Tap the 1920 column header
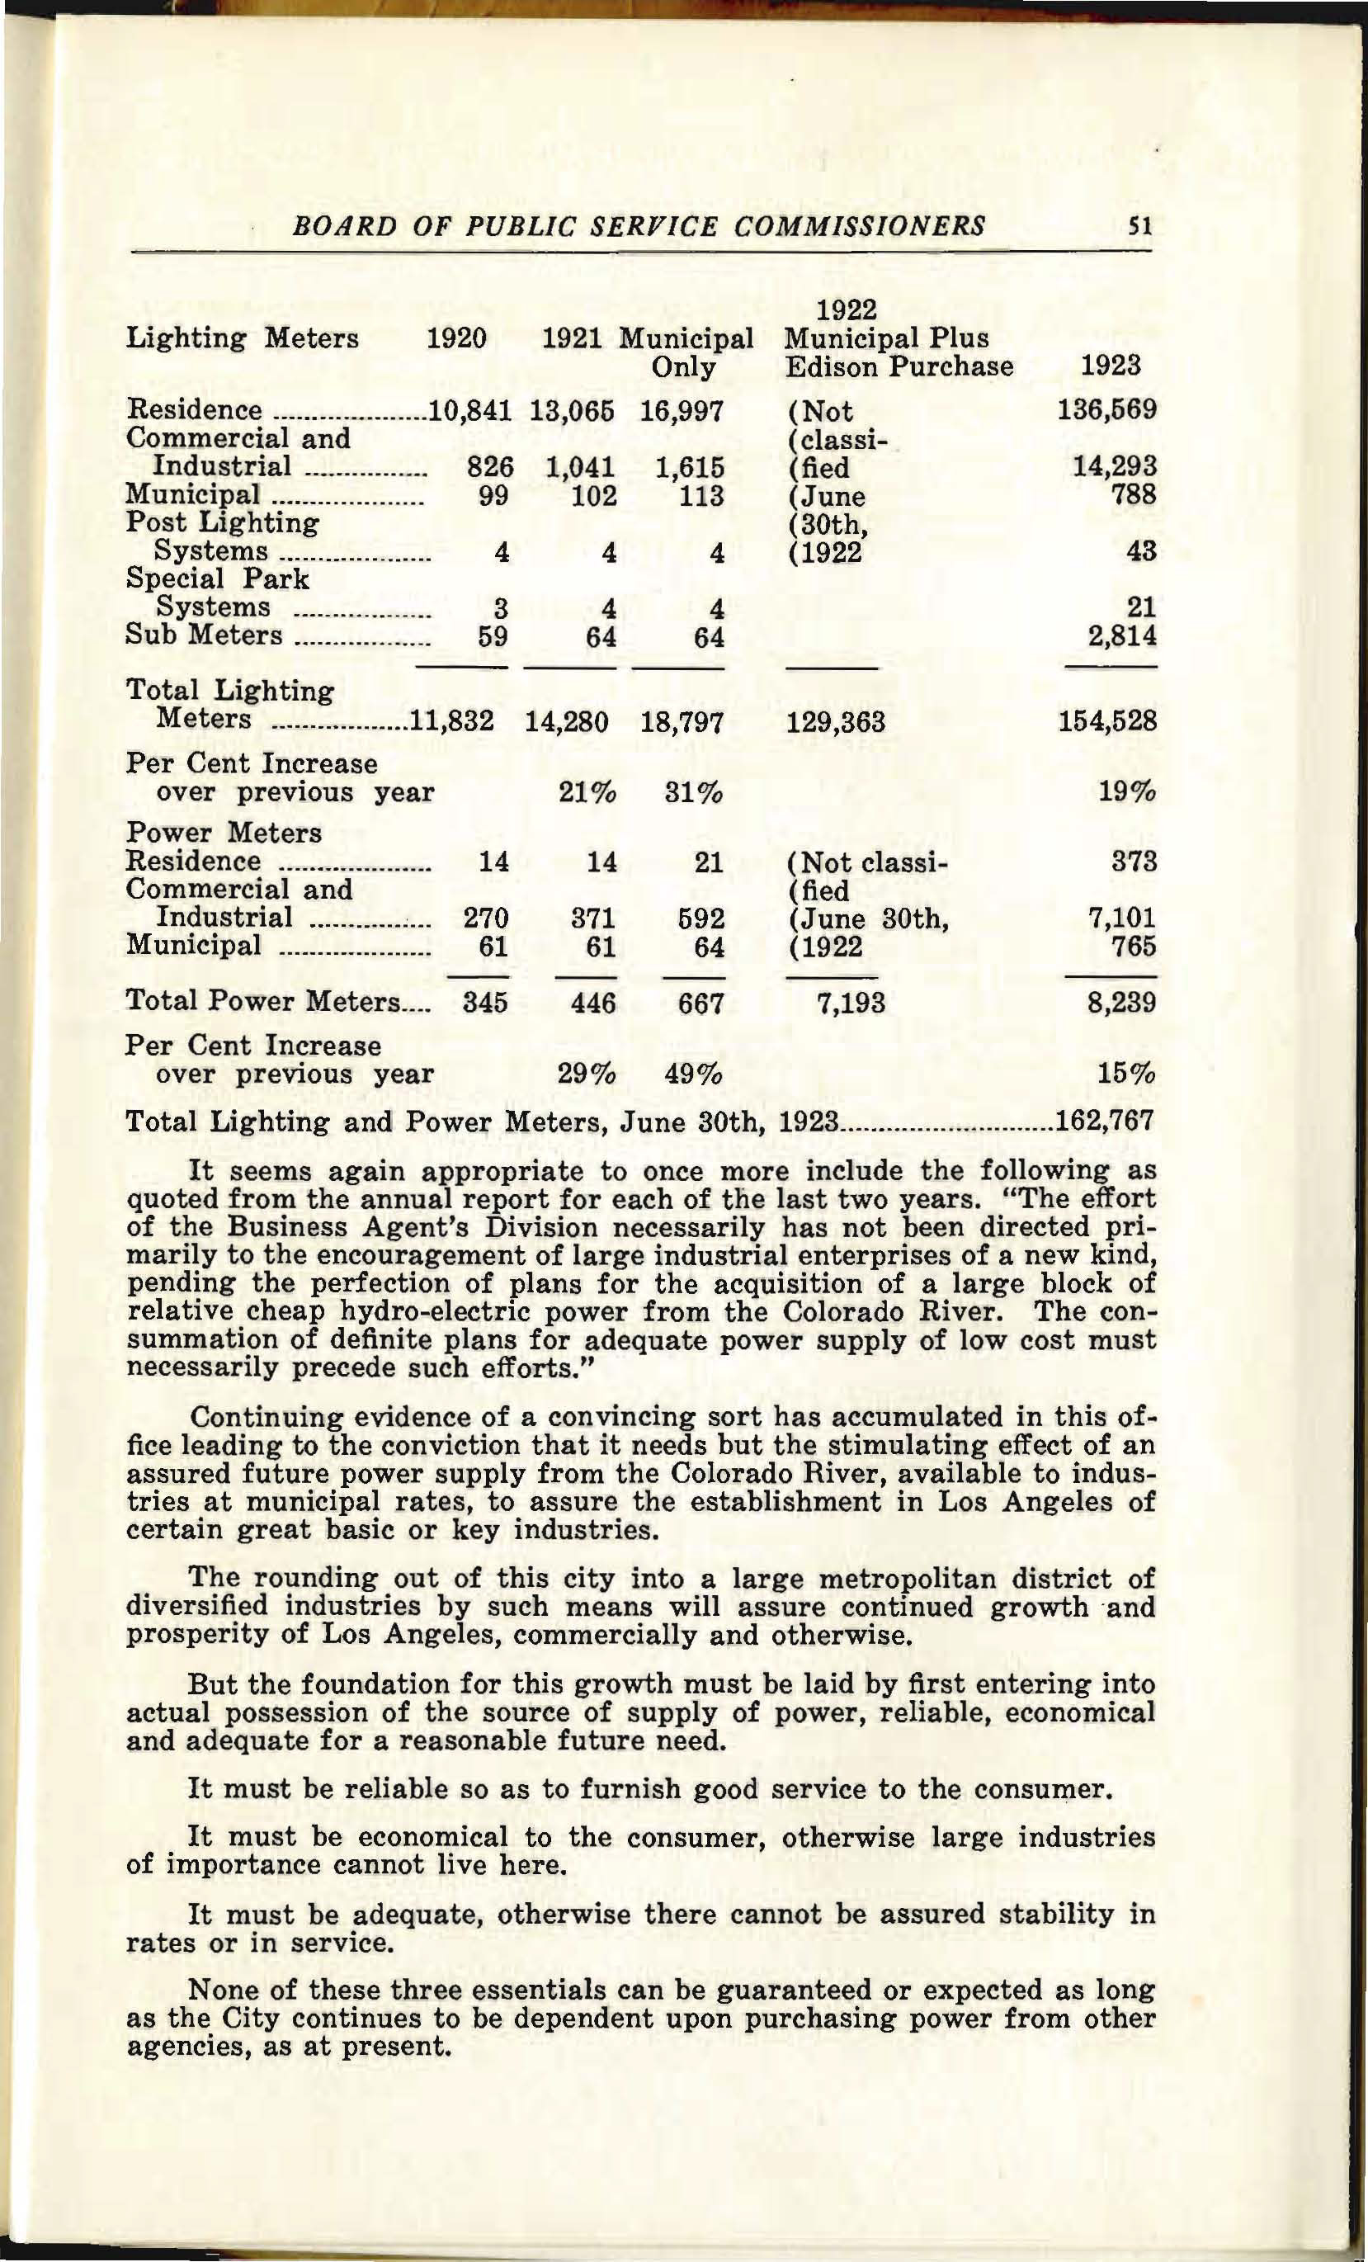(457, 338)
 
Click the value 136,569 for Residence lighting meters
(1106, 409)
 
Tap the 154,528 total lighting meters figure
(1106, 721)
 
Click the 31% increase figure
(693, 792)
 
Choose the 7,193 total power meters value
(850, 1002)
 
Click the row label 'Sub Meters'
(204, 635)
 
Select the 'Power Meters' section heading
(223, 833)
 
